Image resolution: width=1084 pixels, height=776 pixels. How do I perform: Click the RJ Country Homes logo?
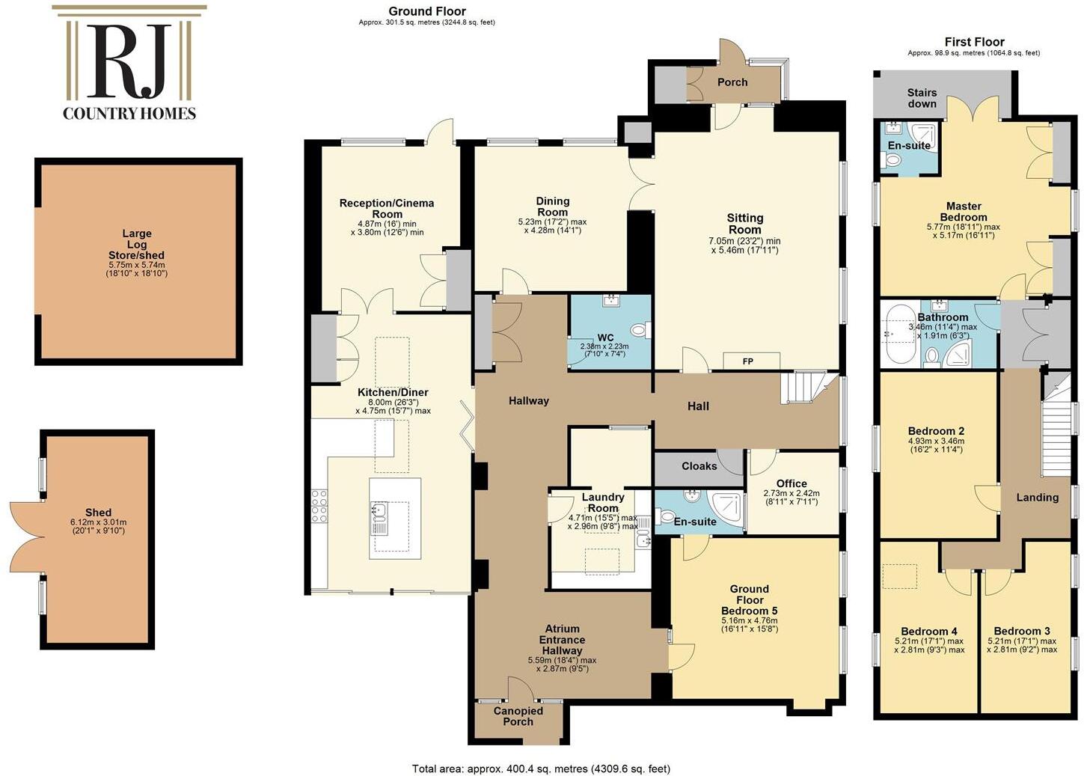pyautogui.click(x=129, y=64)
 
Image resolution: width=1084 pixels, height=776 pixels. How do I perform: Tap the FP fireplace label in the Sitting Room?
pyautogui.click(x=747, y=361)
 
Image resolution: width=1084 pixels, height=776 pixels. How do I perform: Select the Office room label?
pyautogui.click(x=791, y=483)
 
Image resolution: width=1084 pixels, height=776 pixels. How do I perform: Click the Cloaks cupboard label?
pyautogui.click(x=699, y=466)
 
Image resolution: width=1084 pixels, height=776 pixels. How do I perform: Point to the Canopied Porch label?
pyautogui.click(x=518, y=716)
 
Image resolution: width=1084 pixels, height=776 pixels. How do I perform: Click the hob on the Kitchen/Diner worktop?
pyautogui.click(x=319, y=505)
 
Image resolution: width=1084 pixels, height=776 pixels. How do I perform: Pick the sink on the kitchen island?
pyautogui.click(x=379, y=516)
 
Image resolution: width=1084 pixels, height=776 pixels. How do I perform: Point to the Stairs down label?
pyautogui.click(x=922, y=98)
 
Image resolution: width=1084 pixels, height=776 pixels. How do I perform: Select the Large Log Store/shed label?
pyautogui.click(x=137, y=245)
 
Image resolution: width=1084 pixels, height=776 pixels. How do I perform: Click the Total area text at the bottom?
pyautogui.click(x=541, y=769)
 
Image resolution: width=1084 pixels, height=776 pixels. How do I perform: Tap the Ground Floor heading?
pyautogui.click(x=426, y=11)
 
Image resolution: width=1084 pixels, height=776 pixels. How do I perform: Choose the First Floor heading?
pyautogui.click(x=974, y=42)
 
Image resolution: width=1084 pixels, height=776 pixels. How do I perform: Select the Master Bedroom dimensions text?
pyautogui.click(x=964, y=231)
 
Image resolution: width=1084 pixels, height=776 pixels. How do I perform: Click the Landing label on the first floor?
pyautogui.click(x=1037, y=497)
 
